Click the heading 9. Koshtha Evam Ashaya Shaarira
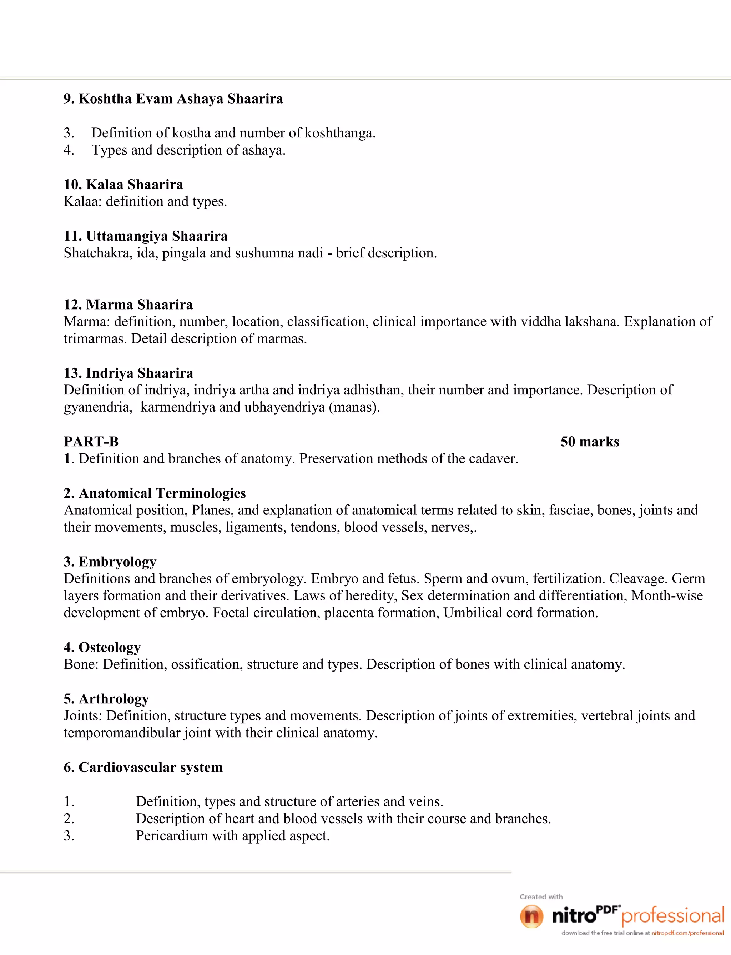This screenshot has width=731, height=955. click(173, 99)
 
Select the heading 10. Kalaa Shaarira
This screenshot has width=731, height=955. click(123, 185)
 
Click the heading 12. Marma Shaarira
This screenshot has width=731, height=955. click(128, 305)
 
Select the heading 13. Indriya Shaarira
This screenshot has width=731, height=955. click(128, 373)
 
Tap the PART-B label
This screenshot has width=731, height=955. click(91, 442)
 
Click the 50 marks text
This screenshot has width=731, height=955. click(590, 442)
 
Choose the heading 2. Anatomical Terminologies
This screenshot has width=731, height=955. click(155, 493)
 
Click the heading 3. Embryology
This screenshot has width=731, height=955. click(110, 562)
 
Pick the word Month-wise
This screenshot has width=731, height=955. click(667, 596)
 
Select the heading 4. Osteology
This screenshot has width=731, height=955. click(102, 647)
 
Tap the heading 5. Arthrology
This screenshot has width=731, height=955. click(106, 699)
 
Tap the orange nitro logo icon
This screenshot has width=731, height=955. click(531, 916)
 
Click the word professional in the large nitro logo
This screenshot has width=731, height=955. click(673, 916)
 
